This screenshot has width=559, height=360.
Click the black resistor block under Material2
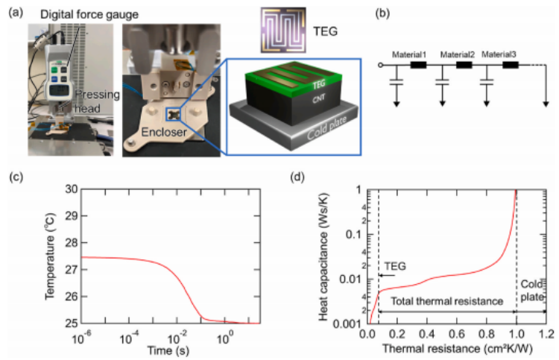464,66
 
